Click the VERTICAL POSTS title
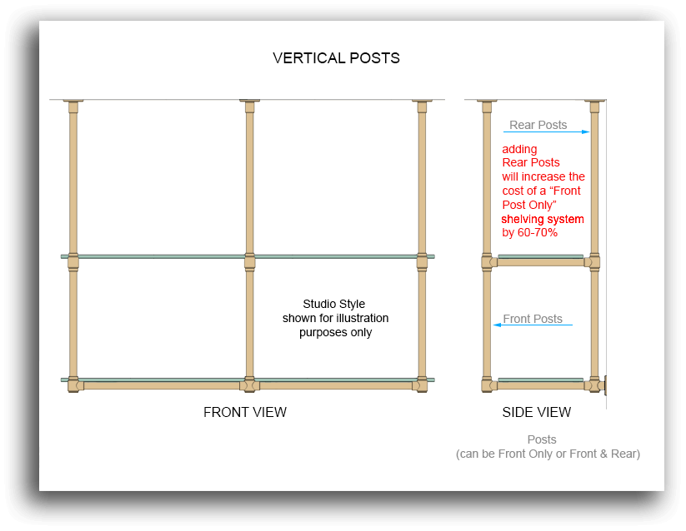[336, 58]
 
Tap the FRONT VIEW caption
[245, 412]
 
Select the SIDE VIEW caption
[537, 412]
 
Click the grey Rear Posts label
[538, 125]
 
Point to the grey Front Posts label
[533, 319]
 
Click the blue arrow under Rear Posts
[546, 132]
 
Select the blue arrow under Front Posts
[533, 325]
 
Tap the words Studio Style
[334, 304]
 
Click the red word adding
[519, 149]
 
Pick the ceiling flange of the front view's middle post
[249, 104]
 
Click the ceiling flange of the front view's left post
[73, 104]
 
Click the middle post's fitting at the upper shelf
[249, 261]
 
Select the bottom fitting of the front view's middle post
[249, 385]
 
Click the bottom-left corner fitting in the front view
[74, 385]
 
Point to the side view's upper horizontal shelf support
[540, 262]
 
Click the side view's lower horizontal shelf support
[540, 385]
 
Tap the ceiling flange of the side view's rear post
[594, 104]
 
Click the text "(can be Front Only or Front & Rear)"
[548, 454]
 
